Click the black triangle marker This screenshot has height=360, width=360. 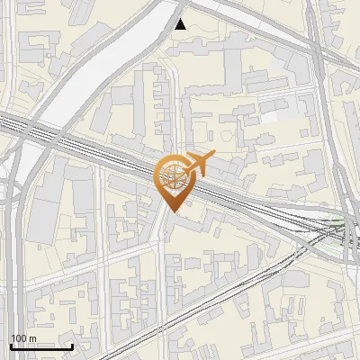(181, 24)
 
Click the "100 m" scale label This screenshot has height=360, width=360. (22, 338)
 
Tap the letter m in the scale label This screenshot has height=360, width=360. (32, 338)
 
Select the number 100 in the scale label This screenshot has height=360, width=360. (19, 338)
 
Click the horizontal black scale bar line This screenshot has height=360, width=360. (40, 346)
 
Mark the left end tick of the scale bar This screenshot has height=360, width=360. (11, 345)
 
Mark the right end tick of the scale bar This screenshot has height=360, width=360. (72, 345)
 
